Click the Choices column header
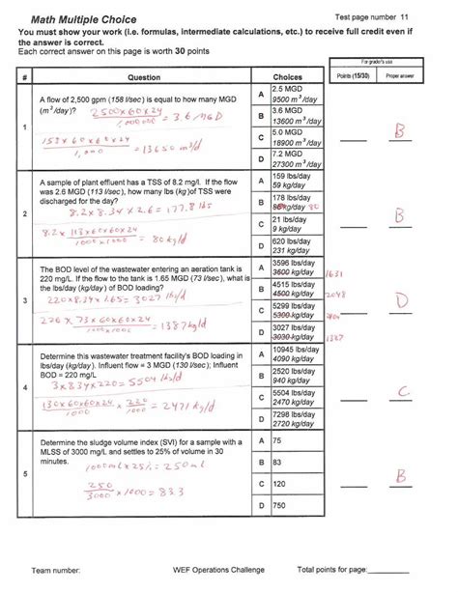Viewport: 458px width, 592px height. click(288, 76)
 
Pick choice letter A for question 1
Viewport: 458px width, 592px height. click(261, 94)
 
